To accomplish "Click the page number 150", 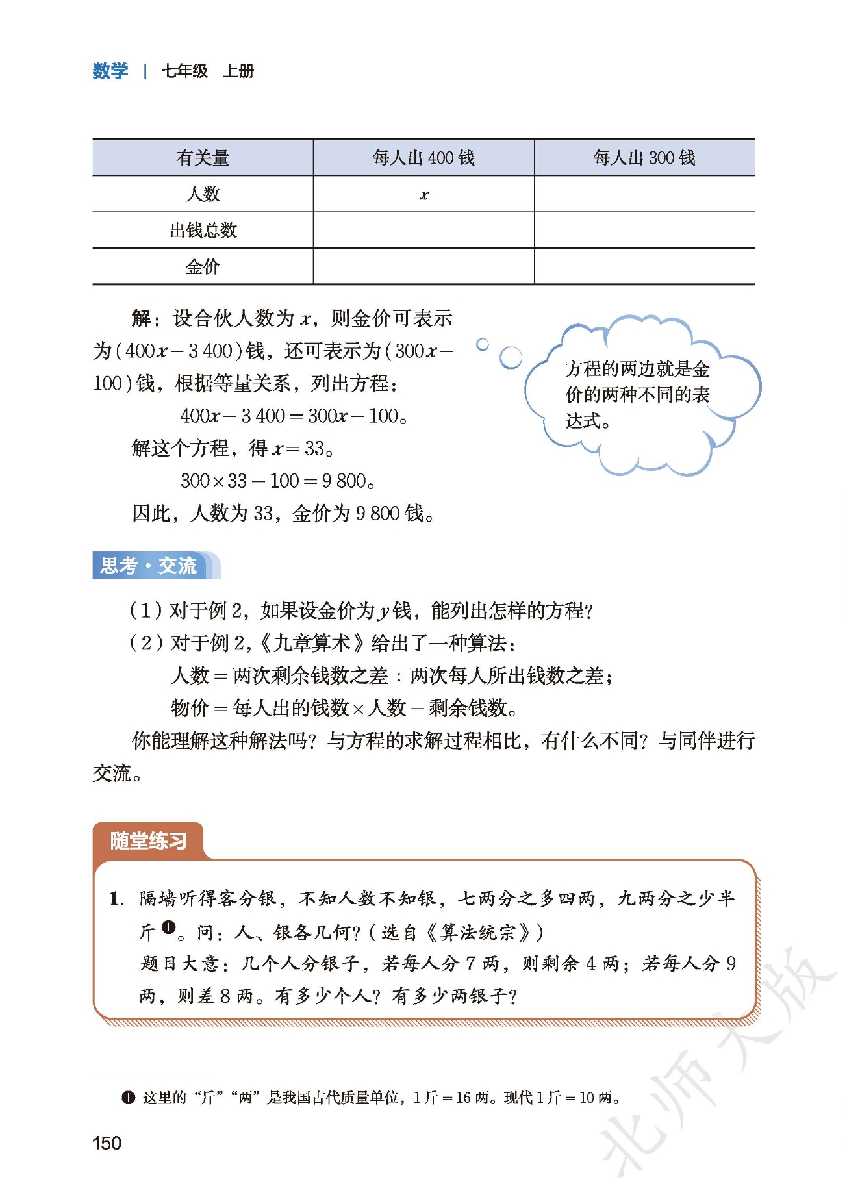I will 107,1143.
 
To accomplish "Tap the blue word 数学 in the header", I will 110,71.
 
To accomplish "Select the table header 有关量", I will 203,158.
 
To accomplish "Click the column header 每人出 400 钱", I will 423,158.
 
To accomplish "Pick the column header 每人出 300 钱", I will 644,158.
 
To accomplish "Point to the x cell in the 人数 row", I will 423,194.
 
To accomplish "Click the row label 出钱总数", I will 203,231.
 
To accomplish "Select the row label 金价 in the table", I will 203,266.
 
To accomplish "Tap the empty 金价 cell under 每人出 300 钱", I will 644,266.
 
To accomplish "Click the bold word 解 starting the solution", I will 141,318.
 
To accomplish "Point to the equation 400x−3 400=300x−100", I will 294,416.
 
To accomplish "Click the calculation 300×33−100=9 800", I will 277,481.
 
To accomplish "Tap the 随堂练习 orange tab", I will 148,841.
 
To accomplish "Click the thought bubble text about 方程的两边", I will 637,395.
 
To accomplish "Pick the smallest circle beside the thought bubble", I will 482,344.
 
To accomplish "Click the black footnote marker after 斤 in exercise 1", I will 168,927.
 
